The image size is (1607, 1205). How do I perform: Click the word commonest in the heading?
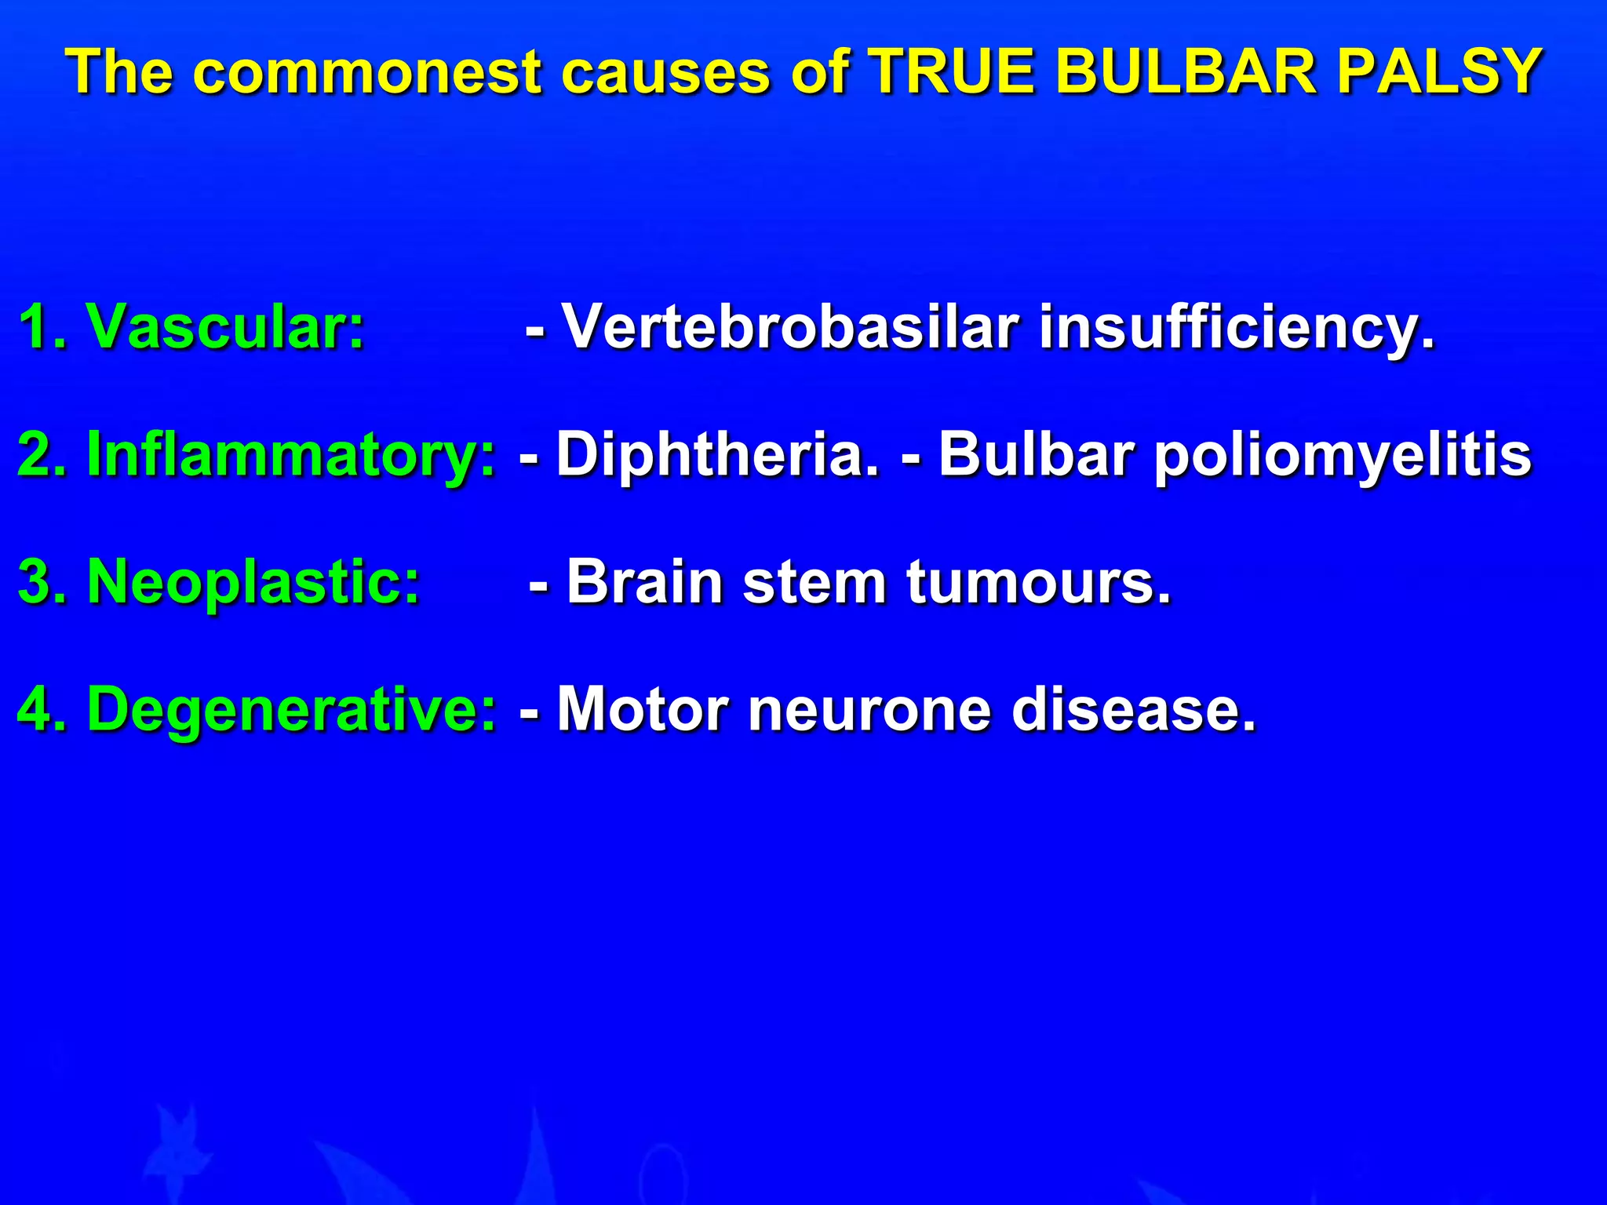point(368,72)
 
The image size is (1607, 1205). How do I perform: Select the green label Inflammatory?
point(291,455)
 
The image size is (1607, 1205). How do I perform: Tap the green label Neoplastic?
point(253,582)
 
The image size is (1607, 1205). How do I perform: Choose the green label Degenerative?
point(291,709)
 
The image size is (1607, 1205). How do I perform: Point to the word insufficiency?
point(1237,328)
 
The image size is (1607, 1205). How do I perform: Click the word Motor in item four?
point(643,709)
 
